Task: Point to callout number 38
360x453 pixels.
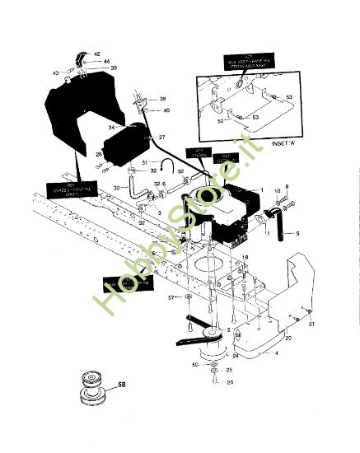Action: click(x=162, y=99)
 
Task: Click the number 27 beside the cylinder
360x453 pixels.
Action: click(x=162, y=137)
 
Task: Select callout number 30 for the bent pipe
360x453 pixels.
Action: click(x=116, y=188)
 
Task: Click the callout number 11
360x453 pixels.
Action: click(x=267, y=235)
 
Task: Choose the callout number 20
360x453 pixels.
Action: click(x=288, y=339)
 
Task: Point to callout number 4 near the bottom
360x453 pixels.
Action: click(x=276, y=353)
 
